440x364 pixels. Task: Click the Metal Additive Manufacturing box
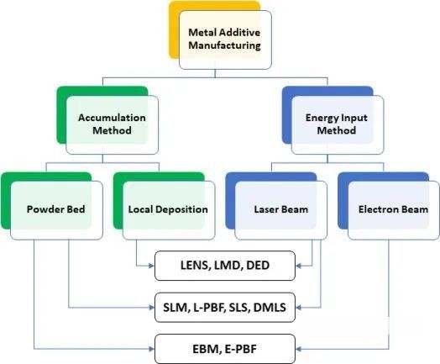tap(225, 40)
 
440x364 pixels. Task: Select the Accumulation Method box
tap(112, 124)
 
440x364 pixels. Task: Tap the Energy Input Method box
tap(338, 124)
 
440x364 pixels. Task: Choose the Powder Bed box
tap(56, 210)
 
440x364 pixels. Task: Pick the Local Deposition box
tap(169, 210)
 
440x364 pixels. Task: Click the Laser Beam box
tap(281, 210)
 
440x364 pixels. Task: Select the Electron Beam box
tap(394, 210)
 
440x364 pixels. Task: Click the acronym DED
tap(258, 265)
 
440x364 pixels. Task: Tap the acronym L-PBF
tap(209, 308)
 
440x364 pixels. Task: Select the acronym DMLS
tap(270, 308)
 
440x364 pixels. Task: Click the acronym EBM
tap(206, 349)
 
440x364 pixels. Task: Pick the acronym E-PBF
tap(240, 349)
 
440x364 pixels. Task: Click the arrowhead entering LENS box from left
tap(151, 266)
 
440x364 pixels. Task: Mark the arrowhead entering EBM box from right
tap(299, 349)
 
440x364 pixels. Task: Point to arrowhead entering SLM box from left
tap(151, 308)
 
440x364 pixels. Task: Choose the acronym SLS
tap(239, 308)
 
